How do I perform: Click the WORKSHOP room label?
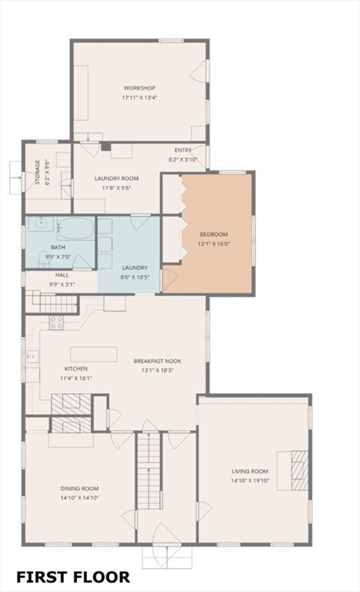(x=139, y=88)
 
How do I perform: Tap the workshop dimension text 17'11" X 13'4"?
(x=139, y=98)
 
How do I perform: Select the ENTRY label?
(x=183, y=150)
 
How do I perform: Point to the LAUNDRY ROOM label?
(x=116, y=178)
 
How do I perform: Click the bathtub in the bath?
(x=76, y=228)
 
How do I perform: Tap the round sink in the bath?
(x=40, y=227)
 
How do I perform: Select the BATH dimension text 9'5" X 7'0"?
(x=59, y=257)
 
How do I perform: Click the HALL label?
(x=62, y=274)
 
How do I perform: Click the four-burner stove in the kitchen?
(x=57, y=323)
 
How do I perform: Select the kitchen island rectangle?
(x=93, y=354)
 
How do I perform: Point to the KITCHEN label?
(x=76, y=369)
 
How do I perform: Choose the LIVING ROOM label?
(x=250, y=471)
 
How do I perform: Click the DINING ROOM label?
(x=80, y=488)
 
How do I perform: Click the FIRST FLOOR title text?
(x=73, y=577)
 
